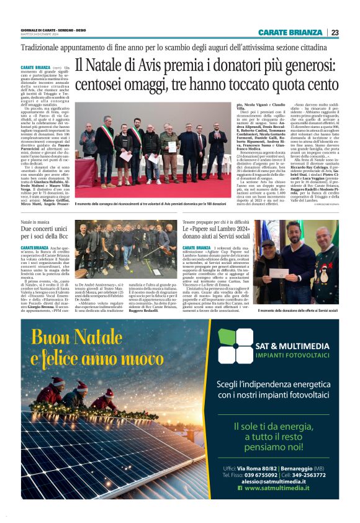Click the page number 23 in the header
click(335, 32)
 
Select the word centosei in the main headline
click(104, 82)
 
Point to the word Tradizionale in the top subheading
click(44, 47)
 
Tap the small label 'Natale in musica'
click(35, 222)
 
